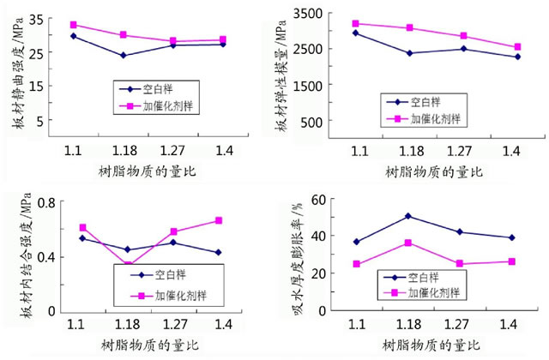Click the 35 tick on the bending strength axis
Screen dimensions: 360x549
click(x=35, y=17)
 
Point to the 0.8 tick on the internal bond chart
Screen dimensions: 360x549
click(x=43, y=202)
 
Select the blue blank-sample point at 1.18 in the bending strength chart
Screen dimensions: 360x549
click(x=124, y=56)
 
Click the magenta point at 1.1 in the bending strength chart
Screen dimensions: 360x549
click(x=74, y=25)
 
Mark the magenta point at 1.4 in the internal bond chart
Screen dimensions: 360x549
click(x=219, y=220)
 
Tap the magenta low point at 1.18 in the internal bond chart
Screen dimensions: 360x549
click(x=129, y=266)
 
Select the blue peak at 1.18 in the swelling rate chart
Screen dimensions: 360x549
click(x=408, y=216)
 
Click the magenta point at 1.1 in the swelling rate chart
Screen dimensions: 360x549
click(x=356, y=264)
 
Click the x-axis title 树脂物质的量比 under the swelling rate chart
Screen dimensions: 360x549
click(x=429, y=345)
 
